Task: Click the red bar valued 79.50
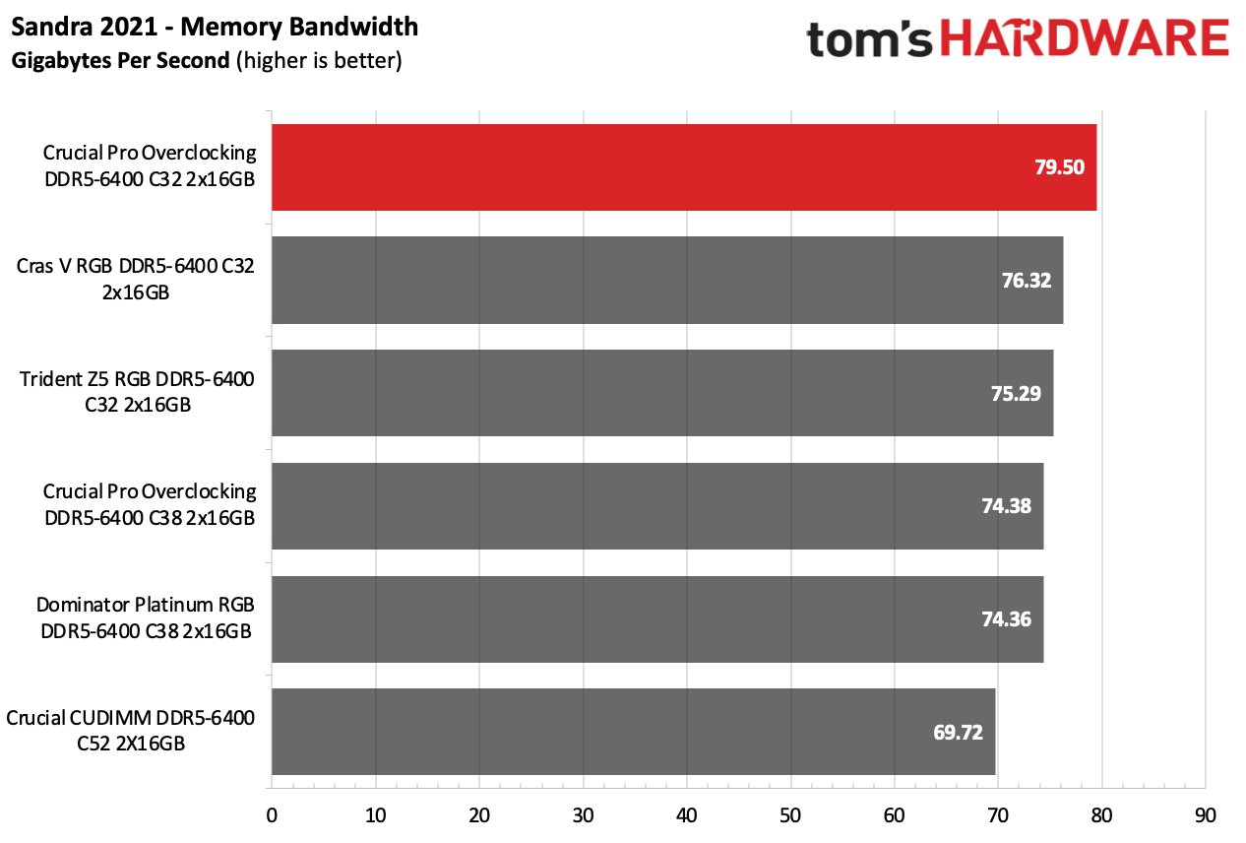[684, 167]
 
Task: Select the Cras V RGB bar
[667, 281]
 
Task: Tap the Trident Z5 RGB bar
[662, 393]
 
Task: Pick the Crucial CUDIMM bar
[633, 732]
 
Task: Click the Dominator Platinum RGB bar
[657, 619]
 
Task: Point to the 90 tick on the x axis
[1206, 815]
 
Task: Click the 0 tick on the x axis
[272, 815]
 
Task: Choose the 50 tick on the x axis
[790, 815]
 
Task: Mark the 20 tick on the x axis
[479, 815]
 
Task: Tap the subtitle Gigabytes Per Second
[121, 61]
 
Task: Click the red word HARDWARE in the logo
[1090, 39]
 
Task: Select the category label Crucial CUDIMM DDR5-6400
[131, 731]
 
